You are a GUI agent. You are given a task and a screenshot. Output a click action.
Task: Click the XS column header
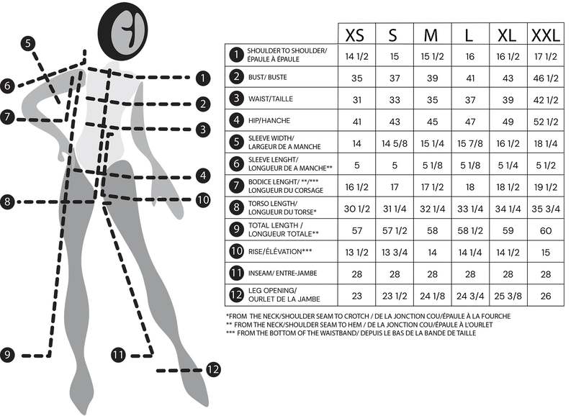tap(355, 35)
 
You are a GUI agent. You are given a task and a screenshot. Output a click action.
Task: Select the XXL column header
tap(546, 35)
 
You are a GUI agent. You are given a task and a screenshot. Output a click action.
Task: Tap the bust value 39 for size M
tap(433, 78)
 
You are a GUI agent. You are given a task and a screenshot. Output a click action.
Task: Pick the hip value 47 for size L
tap(470, 122)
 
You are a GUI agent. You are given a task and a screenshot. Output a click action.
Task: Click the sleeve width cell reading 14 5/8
tap(395, 143)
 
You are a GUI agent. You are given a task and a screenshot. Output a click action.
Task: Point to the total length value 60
tap(546, 230)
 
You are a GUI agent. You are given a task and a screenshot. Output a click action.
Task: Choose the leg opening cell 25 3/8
tap(508, 296)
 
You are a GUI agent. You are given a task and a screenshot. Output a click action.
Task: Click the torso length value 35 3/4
tap(546, 209)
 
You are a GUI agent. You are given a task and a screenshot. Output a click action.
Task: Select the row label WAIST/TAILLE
tap(271, 99)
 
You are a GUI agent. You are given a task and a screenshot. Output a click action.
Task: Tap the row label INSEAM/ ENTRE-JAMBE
tap(282, 273)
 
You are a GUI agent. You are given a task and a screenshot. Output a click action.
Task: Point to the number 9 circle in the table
tap(236, 230)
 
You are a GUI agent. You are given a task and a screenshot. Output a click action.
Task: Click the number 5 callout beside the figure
tap(28, 43)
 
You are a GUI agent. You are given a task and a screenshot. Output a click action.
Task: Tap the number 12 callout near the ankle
tap(213, 369)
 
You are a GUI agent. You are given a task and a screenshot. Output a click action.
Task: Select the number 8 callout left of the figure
tap(7, 202)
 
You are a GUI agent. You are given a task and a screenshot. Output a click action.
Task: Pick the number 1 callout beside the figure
tap(203, 78)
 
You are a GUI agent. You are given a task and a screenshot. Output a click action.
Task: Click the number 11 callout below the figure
tap(118, 355)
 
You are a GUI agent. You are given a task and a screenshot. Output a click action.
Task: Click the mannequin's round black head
tap(122, 30)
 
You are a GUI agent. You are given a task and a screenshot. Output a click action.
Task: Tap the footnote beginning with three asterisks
tap(351, 333)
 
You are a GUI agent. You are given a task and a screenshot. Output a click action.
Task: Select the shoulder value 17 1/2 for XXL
tap(546, 57)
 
